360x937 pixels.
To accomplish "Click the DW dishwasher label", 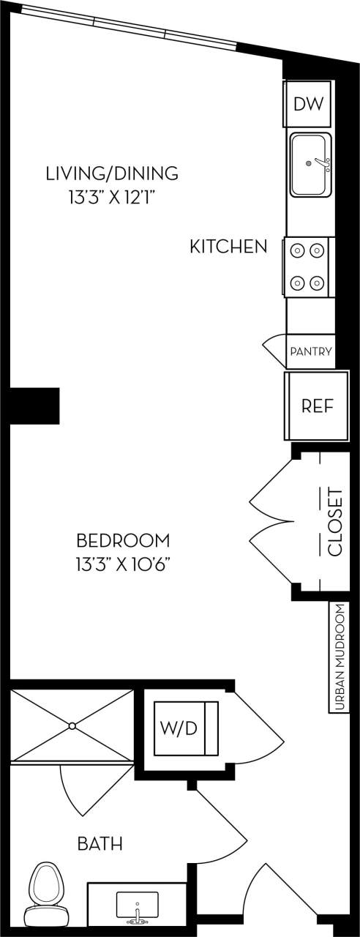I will click(309, 104).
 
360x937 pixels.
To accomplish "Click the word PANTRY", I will click(311, 351).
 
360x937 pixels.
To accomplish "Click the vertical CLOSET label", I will click(335, 522).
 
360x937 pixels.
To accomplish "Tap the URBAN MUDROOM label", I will click(339, 657).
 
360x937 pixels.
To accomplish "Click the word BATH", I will click(100, 844).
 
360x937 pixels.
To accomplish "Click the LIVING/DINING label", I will click(112, 173).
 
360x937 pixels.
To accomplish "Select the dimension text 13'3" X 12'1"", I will click(112, 196).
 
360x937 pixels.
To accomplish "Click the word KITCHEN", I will click(228, 247).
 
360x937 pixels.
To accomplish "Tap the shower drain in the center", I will click(72, 725).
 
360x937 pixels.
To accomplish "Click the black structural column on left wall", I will click(34, 405).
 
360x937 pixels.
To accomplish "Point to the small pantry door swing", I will click(274, 351).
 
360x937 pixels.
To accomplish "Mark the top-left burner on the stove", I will click(298, 251).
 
